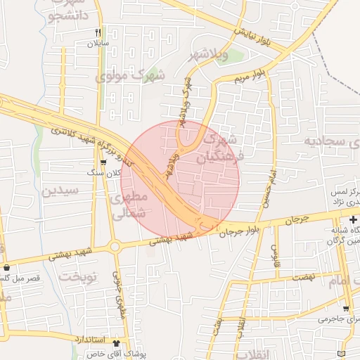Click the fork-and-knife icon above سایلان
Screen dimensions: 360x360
(x=98, y=32)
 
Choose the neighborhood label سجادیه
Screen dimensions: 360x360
(x=331, y=141)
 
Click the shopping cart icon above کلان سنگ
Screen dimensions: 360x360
(x=104, y=163)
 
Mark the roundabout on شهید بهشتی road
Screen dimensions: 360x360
(x=114, y=247)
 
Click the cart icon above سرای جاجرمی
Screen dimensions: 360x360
(x=345, y=308)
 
